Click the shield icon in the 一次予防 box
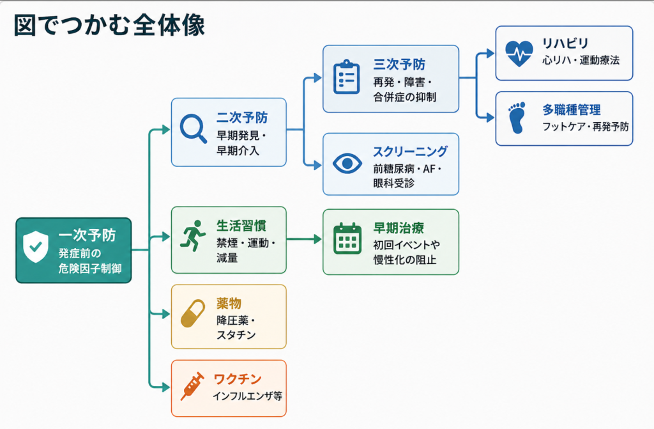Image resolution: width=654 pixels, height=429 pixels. (36, 246)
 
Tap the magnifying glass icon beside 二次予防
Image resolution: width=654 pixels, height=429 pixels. (193, 129)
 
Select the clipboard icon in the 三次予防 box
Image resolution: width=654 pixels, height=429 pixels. (346, 77)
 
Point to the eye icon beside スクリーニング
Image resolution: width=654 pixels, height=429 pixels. (347, 163)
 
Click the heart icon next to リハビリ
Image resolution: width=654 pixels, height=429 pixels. (519, 54)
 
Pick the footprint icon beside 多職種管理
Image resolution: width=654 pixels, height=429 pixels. (517, 118)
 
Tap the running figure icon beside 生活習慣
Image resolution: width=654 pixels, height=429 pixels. (193, 235)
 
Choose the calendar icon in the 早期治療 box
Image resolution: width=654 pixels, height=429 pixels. (347, 238)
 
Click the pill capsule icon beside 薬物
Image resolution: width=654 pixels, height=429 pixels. (193, 313)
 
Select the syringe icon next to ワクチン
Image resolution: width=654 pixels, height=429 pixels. (192, 386)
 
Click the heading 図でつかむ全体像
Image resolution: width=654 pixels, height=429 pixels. (109, 26)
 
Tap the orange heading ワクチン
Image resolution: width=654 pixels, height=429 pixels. (238, 379)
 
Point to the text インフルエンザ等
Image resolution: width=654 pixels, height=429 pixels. (247, 396)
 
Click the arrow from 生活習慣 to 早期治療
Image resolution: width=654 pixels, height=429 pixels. (304, 239)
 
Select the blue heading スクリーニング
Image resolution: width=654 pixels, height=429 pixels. (410, 152)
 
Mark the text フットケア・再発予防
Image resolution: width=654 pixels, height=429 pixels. (585, 127)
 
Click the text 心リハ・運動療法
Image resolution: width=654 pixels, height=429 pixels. (581, 60)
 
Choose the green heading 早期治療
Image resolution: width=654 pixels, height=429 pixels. (399, 228)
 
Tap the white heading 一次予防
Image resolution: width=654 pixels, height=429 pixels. (87, 235)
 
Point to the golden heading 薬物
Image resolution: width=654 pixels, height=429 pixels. (229, 303)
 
